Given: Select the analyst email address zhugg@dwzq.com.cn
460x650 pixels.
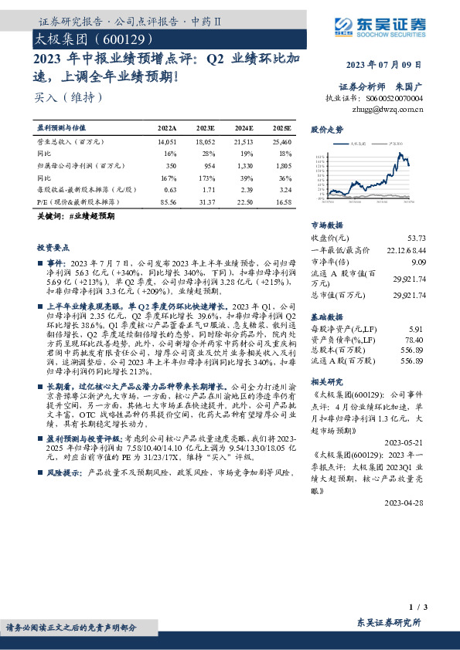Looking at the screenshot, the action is (387, 110).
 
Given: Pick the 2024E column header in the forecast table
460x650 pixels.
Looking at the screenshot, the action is (244, 127).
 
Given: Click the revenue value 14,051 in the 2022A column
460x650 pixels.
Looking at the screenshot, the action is (167, 143).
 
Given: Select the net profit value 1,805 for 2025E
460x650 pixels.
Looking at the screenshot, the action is (281, 165).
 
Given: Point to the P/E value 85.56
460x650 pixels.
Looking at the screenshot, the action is (167, 200).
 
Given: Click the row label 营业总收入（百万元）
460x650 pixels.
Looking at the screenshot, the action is (71, 143).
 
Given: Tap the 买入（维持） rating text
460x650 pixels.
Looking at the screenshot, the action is (70, 98).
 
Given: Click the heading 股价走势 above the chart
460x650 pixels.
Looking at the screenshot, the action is (327, 130).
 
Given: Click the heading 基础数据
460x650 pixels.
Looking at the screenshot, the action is (327, 317).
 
